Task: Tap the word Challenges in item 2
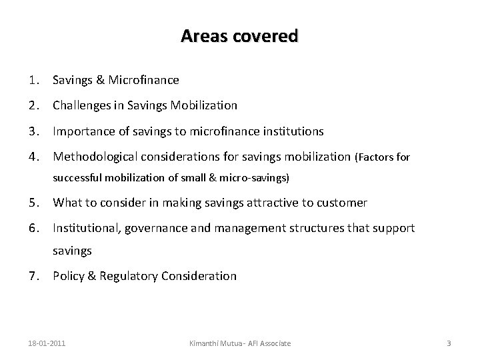(x=80, y=105)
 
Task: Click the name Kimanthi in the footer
(x=204, y=343)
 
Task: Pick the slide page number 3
(x=449, y=343)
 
